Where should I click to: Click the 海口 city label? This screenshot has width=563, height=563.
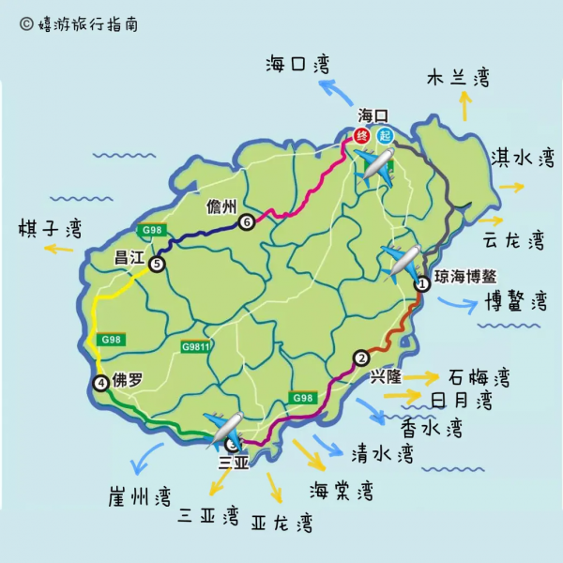[373, 115]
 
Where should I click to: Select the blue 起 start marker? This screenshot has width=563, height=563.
[385, 135]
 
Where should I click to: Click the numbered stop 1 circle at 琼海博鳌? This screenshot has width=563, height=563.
[421, 282]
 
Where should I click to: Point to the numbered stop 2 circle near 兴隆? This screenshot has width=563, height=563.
[360, 357]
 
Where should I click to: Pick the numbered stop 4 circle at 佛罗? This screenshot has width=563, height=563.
[100, 382]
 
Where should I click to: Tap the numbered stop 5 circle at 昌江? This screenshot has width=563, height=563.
[156, 265]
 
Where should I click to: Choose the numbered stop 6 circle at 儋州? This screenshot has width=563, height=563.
[246, 222]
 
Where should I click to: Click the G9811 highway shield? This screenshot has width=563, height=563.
[196, 346]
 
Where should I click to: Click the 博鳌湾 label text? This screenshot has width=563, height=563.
[515, 301]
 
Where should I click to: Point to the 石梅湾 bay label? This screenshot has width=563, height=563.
[478, 378]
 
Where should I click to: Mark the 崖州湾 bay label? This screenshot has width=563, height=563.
[139, 495]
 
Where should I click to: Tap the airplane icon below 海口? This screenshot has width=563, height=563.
[377, 168]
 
